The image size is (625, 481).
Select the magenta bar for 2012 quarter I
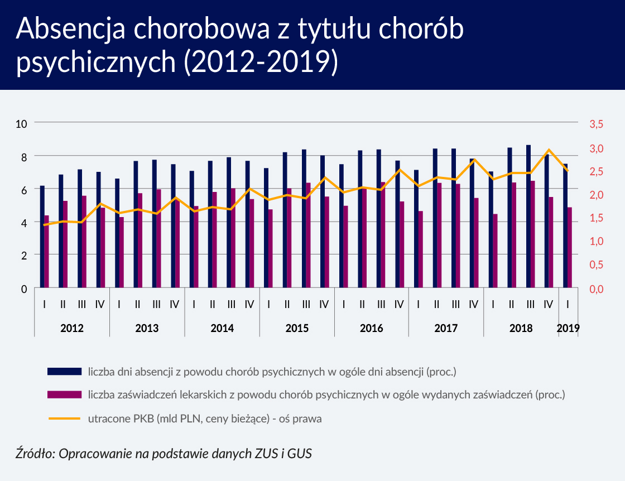pos(47,252)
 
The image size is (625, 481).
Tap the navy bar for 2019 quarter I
pos(565,226)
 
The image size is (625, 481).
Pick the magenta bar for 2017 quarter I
pos(420,249)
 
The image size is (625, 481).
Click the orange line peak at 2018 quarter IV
pos(549,150)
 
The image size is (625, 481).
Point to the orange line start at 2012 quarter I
pos(44,225)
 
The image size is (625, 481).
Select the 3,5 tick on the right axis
pos(597,124)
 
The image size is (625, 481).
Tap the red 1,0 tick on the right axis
pos(597,241)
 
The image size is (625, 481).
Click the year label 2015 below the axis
pos(297,328)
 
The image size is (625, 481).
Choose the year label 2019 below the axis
pos(568,328)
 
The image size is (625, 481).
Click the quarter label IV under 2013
pos(175,305)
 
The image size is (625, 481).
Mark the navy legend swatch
pos(65,371)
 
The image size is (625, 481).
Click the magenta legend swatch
pos(65,395)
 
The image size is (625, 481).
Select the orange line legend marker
pos(65,418)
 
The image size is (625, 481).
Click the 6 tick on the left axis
pos(25,190)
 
